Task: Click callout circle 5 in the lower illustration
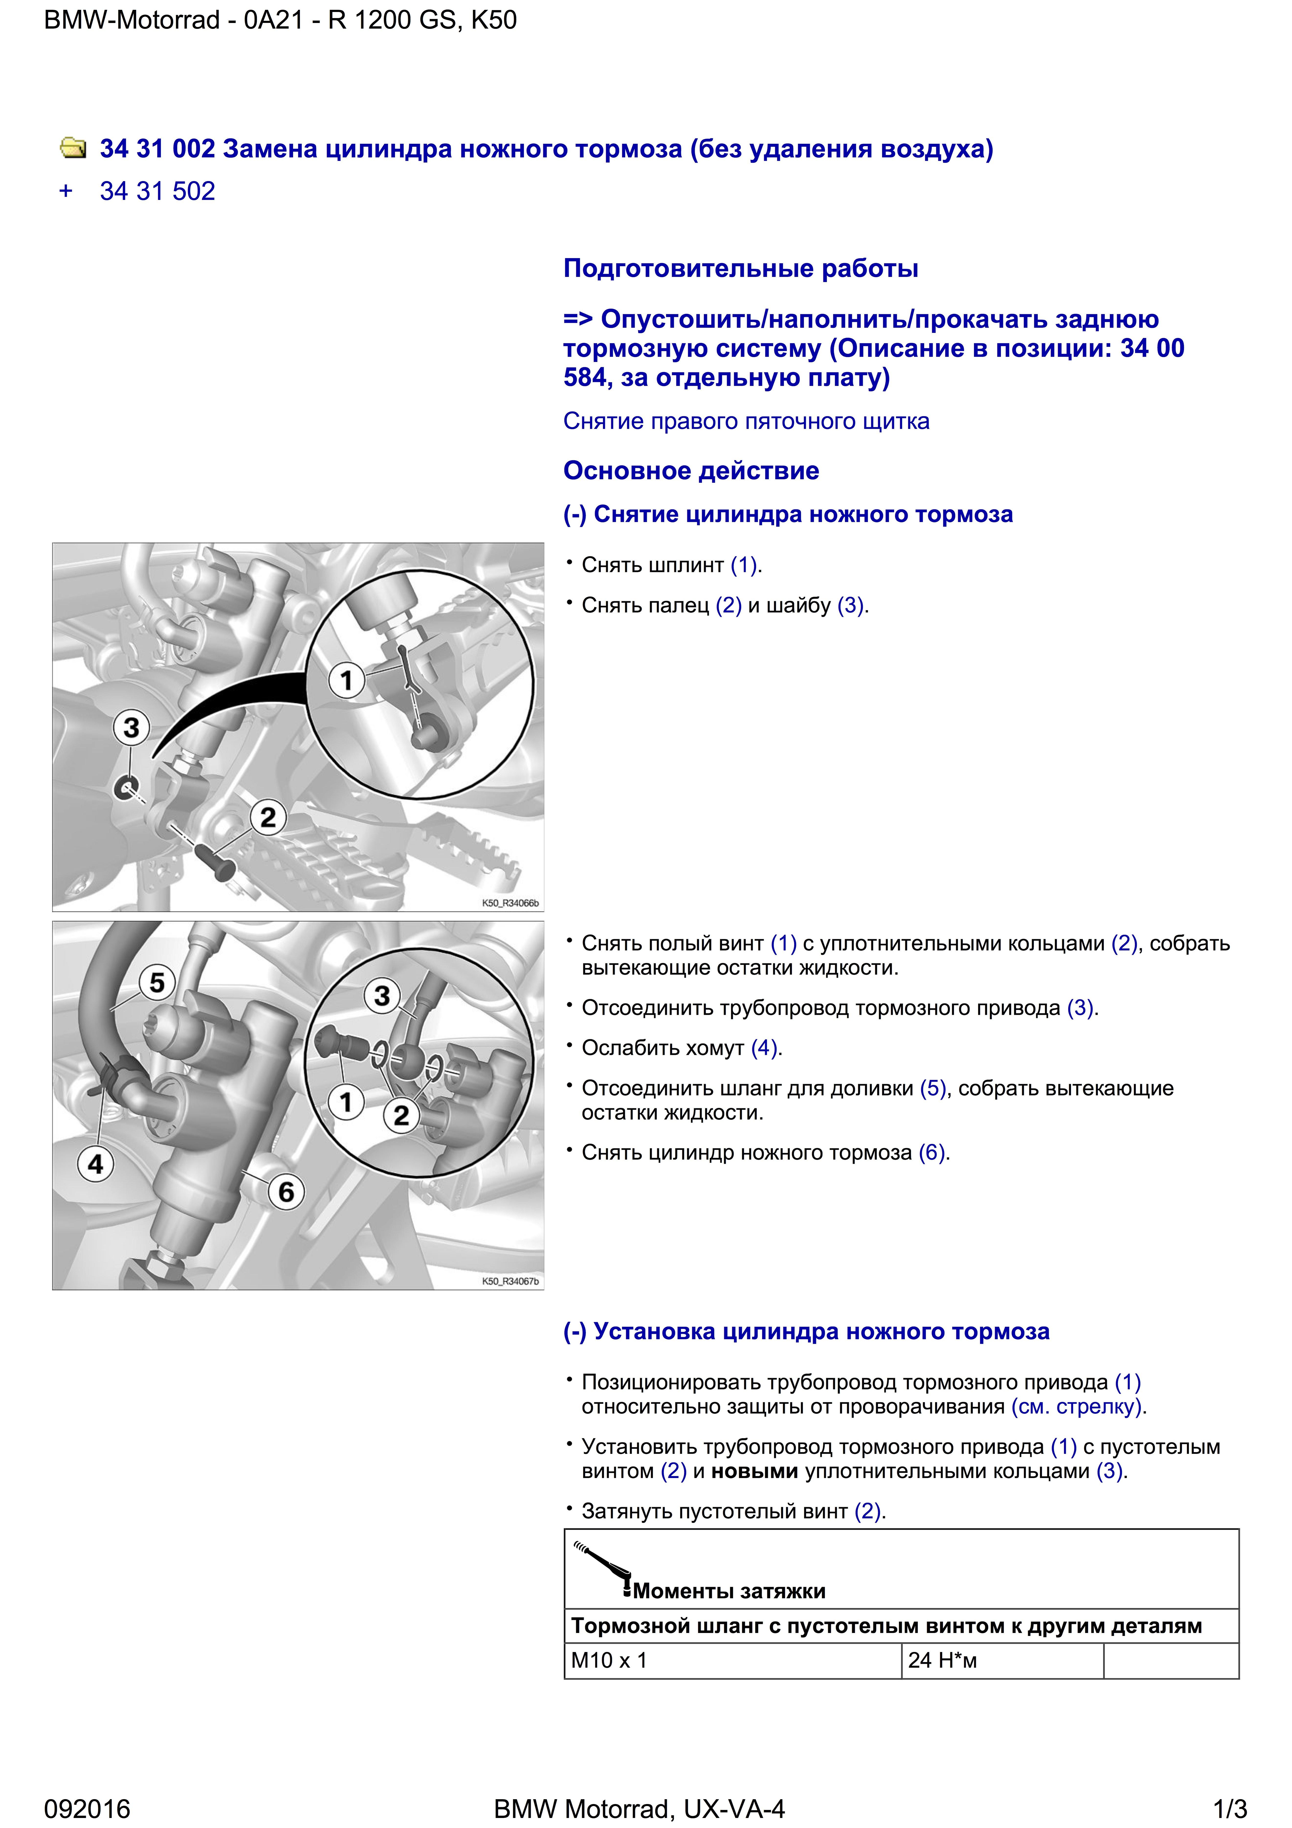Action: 157,983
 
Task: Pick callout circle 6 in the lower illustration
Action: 286,1192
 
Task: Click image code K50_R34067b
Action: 510,1281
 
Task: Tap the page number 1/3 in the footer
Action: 1229,1809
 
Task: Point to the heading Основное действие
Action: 691,471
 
